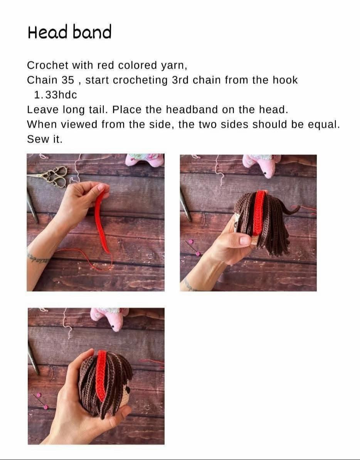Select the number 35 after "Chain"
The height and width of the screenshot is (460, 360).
point(68,80)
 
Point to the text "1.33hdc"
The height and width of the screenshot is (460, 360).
point(56,95)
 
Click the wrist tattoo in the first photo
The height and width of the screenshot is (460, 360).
point(38,257)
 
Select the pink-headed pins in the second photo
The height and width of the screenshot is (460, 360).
point(193,248)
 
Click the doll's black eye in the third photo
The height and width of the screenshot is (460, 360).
point(128,389)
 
